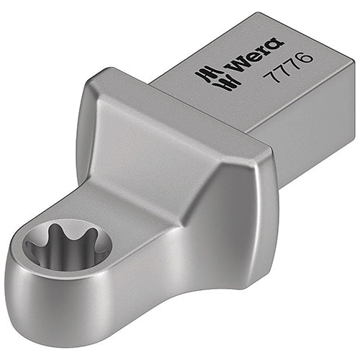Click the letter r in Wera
click(x=264, y=52)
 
